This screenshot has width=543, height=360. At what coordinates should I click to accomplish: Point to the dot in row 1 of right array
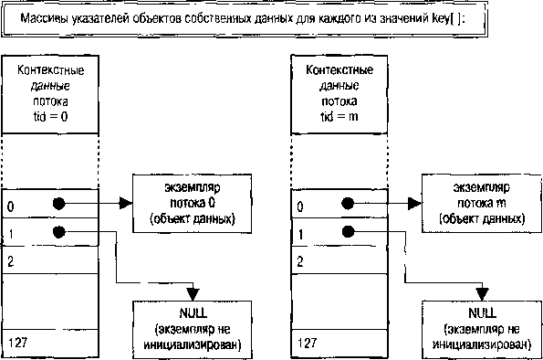(x=346, y=232)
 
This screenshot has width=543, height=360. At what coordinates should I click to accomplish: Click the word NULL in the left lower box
(x=192, y=313)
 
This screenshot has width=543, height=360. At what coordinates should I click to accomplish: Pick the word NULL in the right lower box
(x=480, y=313)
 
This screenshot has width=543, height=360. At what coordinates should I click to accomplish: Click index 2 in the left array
(x=10, y=261)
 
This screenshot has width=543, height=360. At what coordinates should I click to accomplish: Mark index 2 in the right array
(x=298, y=261)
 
